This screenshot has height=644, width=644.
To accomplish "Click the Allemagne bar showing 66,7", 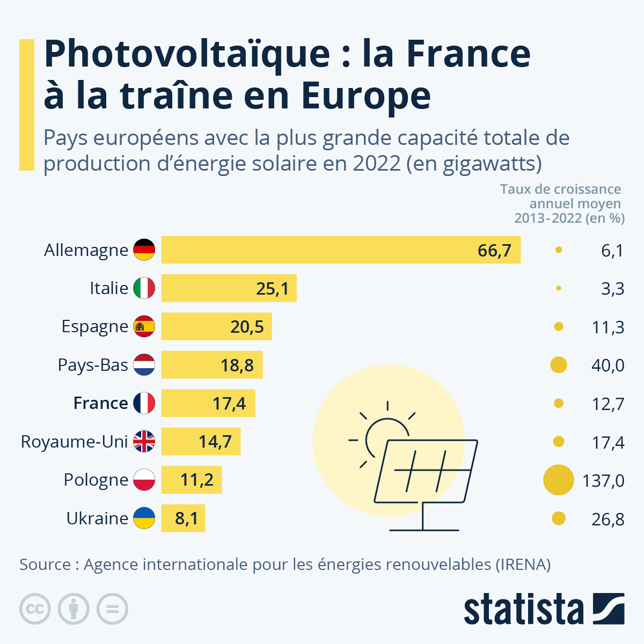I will pos(341,250).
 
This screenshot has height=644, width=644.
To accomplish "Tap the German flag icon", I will pos(144,250).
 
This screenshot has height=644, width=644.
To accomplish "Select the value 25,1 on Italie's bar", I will pos(272,289).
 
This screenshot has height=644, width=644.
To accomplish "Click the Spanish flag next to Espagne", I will pos(144,326).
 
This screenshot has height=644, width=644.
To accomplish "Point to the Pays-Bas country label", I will pos(93,365).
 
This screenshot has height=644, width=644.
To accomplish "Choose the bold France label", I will pos(100,403).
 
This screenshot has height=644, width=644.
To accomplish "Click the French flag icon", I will pos(144,403).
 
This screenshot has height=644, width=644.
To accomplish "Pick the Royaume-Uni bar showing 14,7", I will pos(201,441).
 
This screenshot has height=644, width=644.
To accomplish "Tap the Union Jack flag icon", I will pos(144,441).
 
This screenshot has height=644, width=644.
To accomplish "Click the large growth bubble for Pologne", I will pos(559,480).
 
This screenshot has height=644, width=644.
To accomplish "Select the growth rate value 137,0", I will pos(603,480).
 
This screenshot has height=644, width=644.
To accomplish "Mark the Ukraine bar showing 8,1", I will pos(183,518).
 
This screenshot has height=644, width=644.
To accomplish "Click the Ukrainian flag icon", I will pos(144,518).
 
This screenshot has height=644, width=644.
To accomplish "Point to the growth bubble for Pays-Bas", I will pos(559,365).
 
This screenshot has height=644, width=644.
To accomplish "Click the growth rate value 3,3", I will pos(612,289).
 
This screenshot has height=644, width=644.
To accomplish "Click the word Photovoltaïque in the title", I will pos(187,54).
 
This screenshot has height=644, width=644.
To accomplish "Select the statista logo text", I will pos(523,609).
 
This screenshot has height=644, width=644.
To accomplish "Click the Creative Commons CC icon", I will pos(35,609).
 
